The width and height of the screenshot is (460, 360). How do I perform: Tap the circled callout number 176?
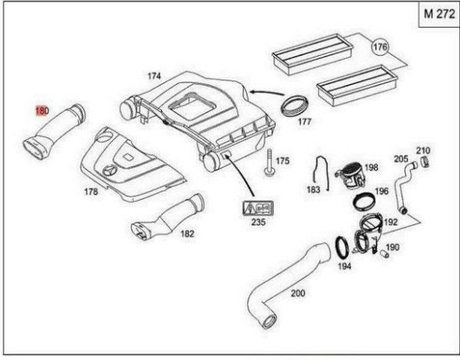coord(379,47)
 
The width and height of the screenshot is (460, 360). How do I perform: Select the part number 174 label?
coord(154,76)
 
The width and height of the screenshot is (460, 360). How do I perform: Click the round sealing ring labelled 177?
coord(294,103)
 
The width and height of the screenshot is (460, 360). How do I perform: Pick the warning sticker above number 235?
coord(259,208)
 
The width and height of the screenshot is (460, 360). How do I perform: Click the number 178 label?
coord(91,191)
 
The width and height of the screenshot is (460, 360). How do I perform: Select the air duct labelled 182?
coord(166,220)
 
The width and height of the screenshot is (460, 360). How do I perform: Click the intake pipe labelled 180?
coord(58,130)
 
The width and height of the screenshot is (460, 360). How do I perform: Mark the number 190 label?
coord(393,247)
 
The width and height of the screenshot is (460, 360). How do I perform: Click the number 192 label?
coord(391,223)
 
